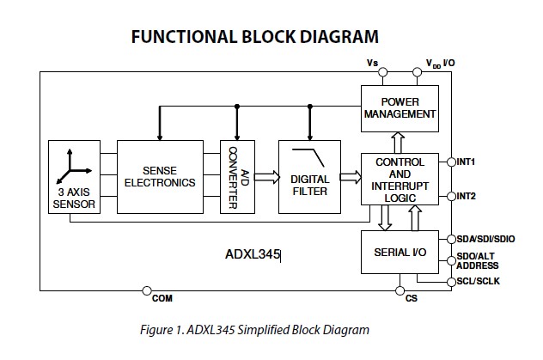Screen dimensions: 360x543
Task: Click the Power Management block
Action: tap(400, 107)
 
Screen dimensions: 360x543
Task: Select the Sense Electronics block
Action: tap(159, 176)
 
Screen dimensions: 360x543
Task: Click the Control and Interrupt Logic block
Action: tap(400, 180)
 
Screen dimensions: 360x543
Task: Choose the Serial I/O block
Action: tap(400, 253)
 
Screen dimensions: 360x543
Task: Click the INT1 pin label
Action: tap(467, 161)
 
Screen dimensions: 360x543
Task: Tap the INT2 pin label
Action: tap(467, 196)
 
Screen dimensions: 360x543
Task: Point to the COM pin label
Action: tap(162, 298)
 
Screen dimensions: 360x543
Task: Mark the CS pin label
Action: tap(411, 298)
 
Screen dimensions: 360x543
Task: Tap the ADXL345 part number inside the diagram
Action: tap(253, 254)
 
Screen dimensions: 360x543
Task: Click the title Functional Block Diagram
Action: tap(254, 36)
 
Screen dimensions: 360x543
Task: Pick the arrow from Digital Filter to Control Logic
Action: tap(349, 178)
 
